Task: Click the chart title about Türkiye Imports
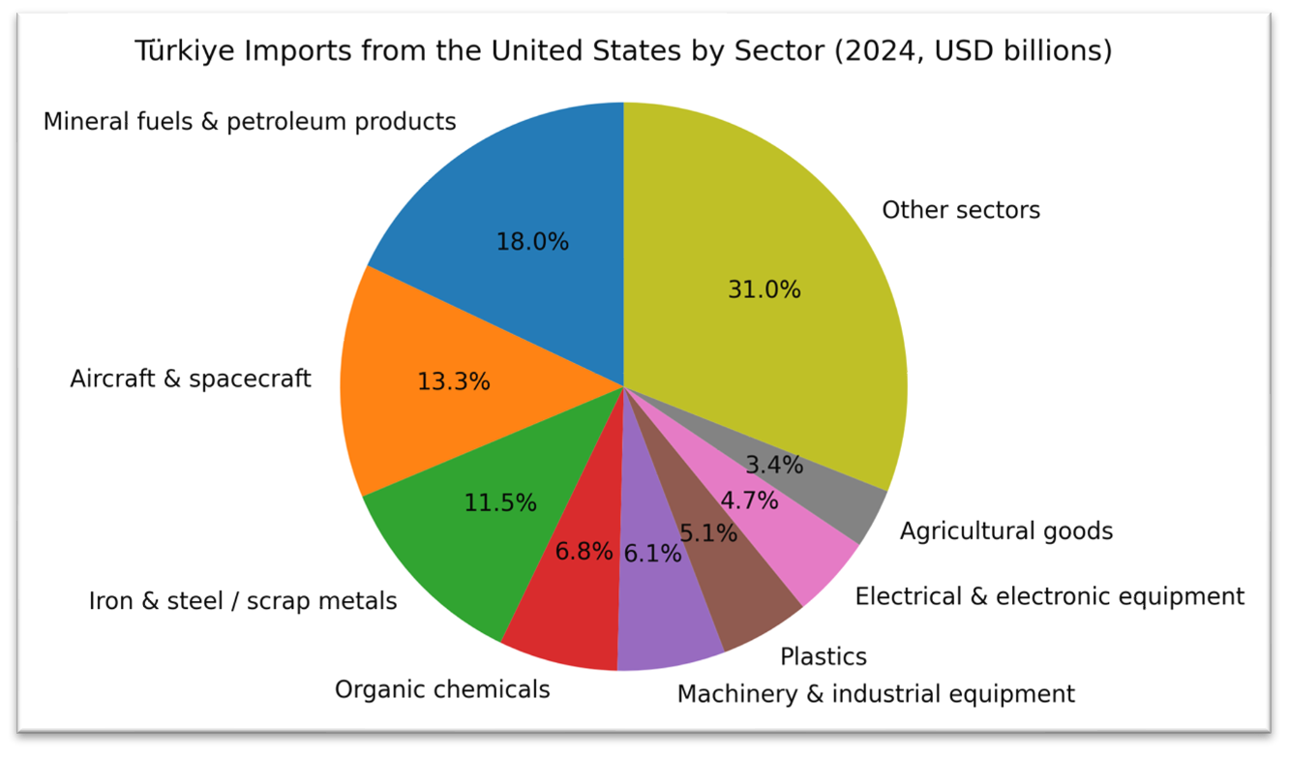[623, 50]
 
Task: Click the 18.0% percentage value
[532, 242]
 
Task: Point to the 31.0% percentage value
[764, 289]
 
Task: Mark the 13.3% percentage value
[453, 381]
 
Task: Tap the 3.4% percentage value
[774, 465]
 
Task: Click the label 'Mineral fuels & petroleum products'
[250, 122]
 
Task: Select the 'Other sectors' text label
[961, 210]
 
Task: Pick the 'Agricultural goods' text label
[1006, 531]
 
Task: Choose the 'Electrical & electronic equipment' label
[1050, 596]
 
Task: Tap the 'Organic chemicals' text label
[442, 689]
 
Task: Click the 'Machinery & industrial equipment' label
[876, 694]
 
